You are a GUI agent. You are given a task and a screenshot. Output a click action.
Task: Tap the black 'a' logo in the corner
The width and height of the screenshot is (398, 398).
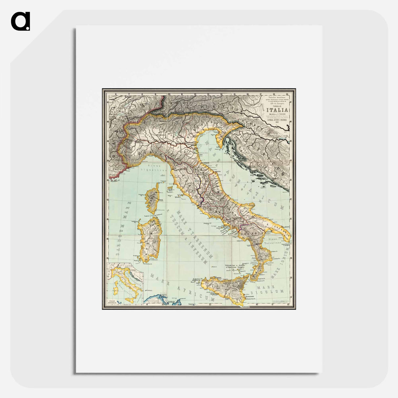[20, 21]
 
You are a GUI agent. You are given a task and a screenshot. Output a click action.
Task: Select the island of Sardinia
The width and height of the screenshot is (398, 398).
[150, 239]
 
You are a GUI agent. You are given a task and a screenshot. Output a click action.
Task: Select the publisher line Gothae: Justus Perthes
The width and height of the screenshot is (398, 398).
[277, 121]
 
